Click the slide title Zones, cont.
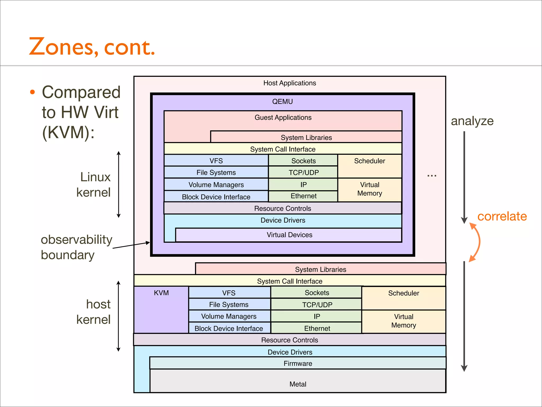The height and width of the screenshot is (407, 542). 92,47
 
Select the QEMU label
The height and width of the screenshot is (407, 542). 282,101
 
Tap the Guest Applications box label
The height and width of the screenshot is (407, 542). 283,117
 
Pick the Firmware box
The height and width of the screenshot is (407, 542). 298,363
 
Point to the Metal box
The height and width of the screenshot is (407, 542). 298,384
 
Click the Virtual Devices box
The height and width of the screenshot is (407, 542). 289,235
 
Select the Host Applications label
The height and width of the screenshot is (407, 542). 290,83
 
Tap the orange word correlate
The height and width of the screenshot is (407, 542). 502,216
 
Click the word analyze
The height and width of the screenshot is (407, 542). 472,121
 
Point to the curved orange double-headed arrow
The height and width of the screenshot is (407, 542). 478,242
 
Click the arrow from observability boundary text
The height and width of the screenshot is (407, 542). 131,245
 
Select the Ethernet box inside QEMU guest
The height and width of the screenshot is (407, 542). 303,196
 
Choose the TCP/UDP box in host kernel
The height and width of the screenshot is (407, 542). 317,304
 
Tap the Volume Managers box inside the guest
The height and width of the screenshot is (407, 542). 216,184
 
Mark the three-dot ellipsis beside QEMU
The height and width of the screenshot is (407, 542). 432,175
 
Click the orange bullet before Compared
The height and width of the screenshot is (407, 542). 32,92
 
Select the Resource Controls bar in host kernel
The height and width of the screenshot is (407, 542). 290,340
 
